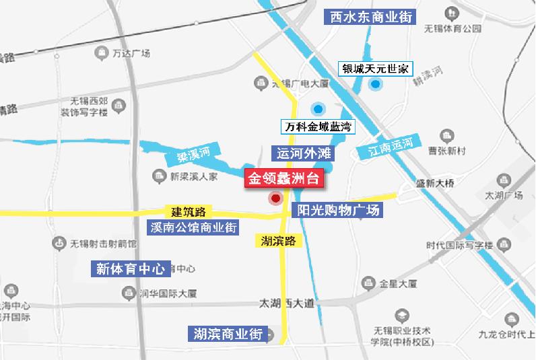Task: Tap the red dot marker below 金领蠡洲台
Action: (275, 199)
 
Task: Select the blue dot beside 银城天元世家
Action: (375, 84)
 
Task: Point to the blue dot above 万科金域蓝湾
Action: (318, 108)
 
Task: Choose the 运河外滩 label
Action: (302, 153)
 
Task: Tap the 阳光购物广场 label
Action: (339, 210)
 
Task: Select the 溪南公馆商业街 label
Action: (193, 227)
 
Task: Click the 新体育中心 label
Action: (131, 269)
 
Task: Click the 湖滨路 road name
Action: (277, 240)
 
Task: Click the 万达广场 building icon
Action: (102, 52)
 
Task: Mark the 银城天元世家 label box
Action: (376, 69)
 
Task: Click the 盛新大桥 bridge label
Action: (436, 182)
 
